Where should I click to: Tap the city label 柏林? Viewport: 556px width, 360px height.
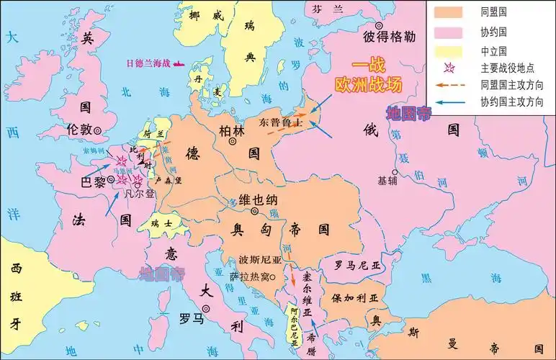click(234, 130)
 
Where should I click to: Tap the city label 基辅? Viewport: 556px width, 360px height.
click(387, 181)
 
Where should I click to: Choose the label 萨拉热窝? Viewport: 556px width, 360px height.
click(251, 277)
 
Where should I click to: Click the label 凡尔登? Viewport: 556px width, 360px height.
click(140, 194)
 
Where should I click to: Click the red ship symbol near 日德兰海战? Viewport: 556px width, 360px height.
click(176, 63)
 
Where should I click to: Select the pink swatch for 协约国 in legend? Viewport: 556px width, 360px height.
click(448, 33)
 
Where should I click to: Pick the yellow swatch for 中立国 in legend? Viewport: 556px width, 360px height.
click(448, 52)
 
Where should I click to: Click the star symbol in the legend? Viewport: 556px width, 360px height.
click(448, 69)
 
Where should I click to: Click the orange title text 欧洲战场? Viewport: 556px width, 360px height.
click(367, 84)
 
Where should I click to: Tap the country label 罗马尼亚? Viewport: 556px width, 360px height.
click(358, 265)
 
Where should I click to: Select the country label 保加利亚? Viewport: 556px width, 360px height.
click(354, 297)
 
